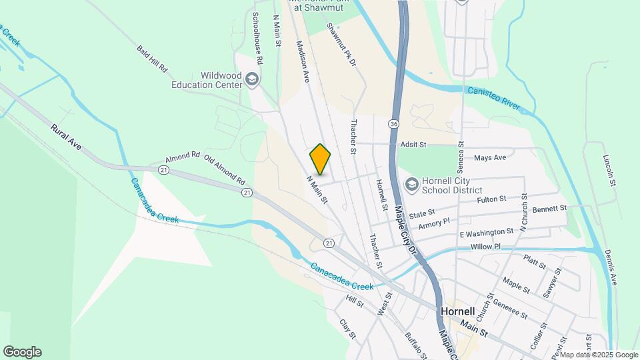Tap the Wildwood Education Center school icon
(251, 80)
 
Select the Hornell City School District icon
(411, 183)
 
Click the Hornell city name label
(457, 311)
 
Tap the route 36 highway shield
(395, 124)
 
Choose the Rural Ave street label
(65, 135)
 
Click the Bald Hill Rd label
(151, 60)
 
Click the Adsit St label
(413, 144)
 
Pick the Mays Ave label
(490, 158)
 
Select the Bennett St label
(549, 208)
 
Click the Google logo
(22, 352)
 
